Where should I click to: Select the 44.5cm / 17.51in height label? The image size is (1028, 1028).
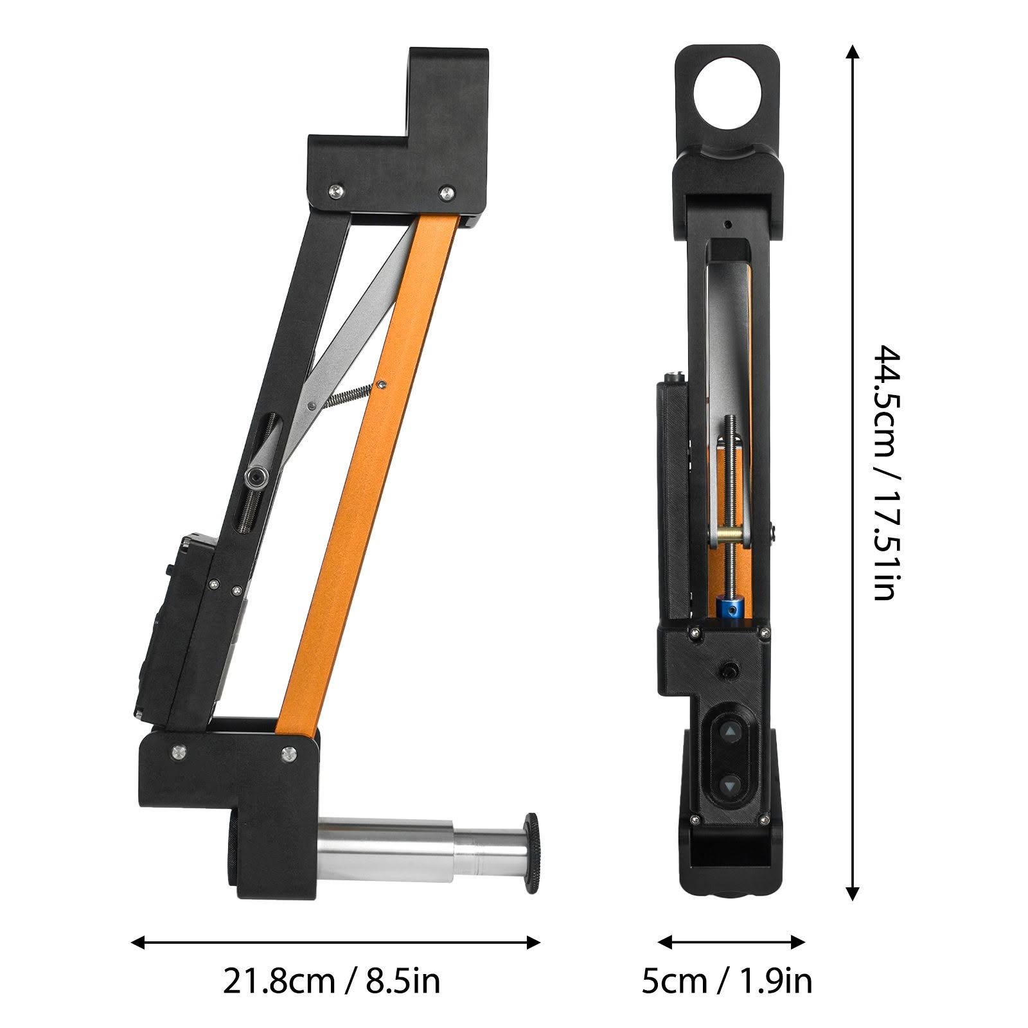[x=887, y=473]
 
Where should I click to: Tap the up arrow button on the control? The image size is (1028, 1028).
[x=730, y=731]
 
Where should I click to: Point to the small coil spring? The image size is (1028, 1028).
[x=350, y=394]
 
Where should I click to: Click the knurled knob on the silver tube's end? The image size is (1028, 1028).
[x=531, y=853]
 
